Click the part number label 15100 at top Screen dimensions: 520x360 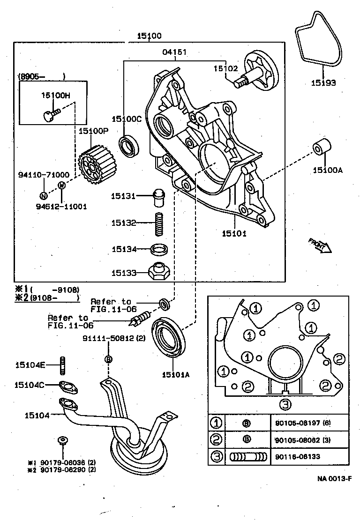tap(149, 36)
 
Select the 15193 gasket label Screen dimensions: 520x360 tap(323, 83)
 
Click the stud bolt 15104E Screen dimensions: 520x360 tap(62, 366)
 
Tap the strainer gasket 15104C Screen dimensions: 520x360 tap(68, 387)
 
